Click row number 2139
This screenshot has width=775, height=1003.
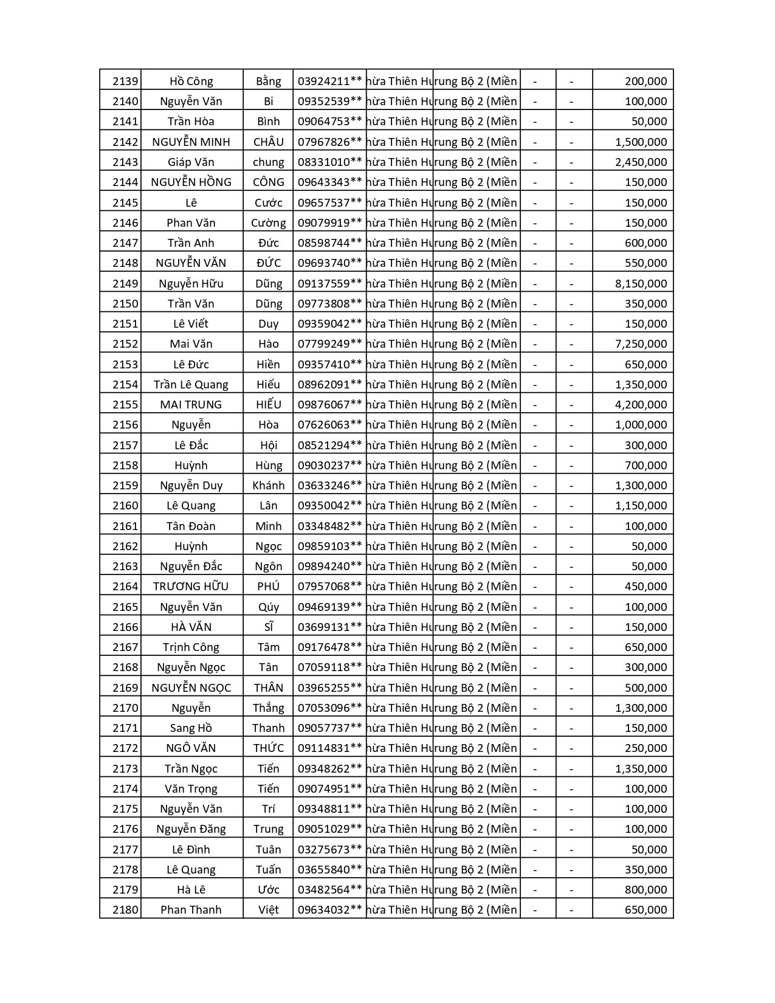tap(125, 81)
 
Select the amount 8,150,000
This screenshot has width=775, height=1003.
tap(641, 283)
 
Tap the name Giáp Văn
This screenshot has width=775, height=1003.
tap(191, 162)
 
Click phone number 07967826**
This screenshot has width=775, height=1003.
tap(329, 142)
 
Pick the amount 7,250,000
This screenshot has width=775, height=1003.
tap(641, 344)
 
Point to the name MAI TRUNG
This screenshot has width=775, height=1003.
tap(191, 405)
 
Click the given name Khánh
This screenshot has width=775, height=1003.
tap(268, 486)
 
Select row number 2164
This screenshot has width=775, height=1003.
tap(125, 587)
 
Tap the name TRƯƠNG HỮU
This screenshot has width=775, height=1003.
tap(191, 587)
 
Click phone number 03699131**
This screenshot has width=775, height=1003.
tap(329, 627)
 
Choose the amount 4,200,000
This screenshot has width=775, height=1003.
tap(641, 405)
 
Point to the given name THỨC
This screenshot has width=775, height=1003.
tap(268, 748)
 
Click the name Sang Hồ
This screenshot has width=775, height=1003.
tap(191, 728)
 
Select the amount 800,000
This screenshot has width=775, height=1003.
tap(646, 890)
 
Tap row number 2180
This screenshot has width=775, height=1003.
tap(125, 910)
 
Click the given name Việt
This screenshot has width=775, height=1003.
tap(268, 910)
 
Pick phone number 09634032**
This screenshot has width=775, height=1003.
tap(329, 910)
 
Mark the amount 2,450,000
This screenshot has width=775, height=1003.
tap(641, 162)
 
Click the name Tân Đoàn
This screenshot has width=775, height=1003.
tap(191, 526)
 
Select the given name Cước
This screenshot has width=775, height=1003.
tap(268, 202)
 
